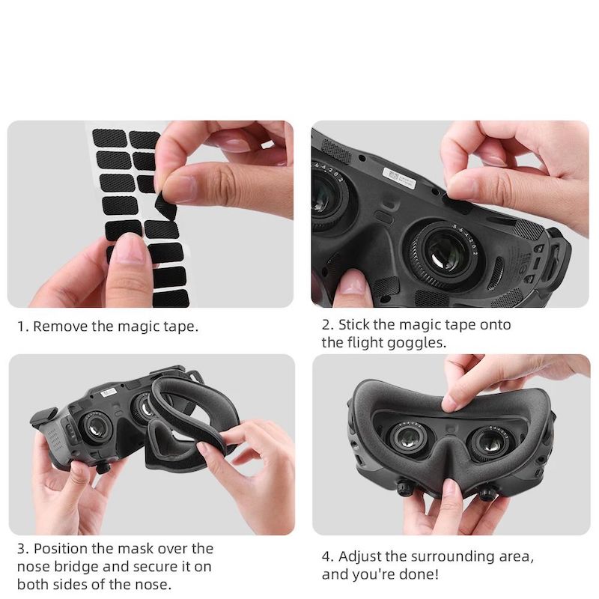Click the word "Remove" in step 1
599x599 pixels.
[x=60, y=326]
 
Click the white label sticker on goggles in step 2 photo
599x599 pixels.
[x=399, y=177]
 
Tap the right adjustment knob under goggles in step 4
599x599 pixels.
[x=487, y=493]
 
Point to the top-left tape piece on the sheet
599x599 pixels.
[x=110, y=138]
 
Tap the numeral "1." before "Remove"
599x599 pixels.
[x=23, y=327]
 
